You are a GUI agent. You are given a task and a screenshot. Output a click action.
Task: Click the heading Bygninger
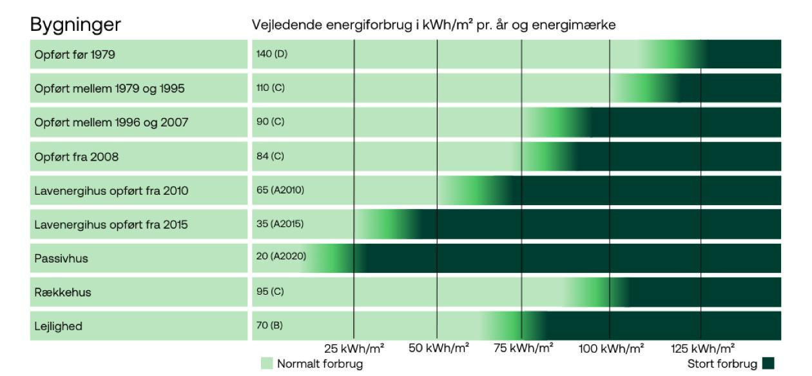click(75, 25)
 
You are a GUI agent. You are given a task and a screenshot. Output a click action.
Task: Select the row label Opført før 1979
click(75, 55)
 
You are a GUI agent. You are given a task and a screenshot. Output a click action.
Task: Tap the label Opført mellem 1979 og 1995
click(110, 88)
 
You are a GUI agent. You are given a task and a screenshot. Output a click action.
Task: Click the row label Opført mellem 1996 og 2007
click(111, 123)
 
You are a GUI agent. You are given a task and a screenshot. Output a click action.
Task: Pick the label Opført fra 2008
click(77, 157)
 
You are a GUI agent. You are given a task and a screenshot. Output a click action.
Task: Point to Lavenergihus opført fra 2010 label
click(111, 191)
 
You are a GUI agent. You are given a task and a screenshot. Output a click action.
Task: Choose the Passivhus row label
click(61, 259)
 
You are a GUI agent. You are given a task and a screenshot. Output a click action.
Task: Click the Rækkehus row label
click(63, 292)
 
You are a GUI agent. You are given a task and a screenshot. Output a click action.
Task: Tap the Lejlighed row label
click(59, 326)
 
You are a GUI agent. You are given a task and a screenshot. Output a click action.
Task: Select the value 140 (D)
click(272, 54)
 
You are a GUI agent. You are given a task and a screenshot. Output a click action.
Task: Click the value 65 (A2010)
click(280, 190)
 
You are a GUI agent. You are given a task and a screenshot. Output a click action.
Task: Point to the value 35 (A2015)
click(280, 224)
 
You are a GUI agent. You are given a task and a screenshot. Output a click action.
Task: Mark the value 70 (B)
click(269, 326)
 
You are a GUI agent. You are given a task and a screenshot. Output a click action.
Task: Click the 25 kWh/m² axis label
click(354, 349)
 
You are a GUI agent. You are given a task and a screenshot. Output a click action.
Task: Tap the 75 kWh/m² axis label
click(523, 349)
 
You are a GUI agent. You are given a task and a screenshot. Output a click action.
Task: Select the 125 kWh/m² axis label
click(702, 349)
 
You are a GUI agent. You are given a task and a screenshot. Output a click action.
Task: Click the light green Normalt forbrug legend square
click(267, 364)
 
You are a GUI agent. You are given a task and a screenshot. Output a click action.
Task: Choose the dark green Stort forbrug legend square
click(768, 364)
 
